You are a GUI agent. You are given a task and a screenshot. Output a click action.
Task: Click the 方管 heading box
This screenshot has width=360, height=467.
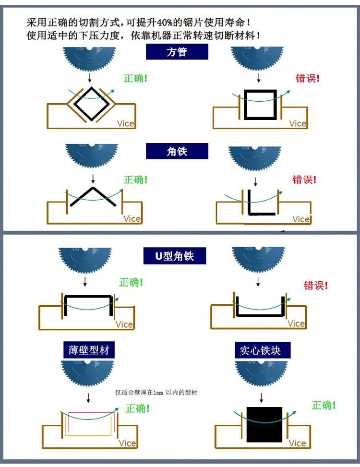[177, 52]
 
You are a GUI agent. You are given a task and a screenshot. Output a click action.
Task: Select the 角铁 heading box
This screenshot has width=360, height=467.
[177, 151]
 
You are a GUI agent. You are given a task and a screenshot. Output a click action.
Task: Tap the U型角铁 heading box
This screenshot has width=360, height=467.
[175, 256]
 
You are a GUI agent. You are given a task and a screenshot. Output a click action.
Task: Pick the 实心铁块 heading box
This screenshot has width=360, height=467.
[260, 350]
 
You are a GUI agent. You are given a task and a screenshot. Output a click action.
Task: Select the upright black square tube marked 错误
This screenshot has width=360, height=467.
[260, 104]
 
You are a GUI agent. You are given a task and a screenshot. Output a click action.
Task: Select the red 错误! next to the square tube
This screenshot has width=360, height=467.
[308, 78]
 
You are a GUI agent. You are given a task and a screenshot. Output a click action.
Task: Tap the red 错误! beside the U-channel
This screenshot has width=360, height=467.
[316, 286]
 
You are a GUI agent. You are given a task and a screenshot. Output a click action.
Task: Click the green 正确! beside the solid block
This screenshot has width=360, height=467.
[324, 406]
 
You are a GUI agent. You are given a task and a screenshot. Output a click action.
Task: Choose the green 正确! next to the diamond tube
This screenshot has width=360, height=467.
[135, 78]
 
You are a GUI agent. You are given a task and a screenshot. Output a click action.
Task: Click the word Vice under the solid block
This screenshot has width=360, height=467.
[298, 443]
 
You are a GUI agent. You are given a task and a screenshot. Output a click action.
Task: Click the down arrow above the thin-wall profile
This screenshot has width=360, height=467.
[88, 397]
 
